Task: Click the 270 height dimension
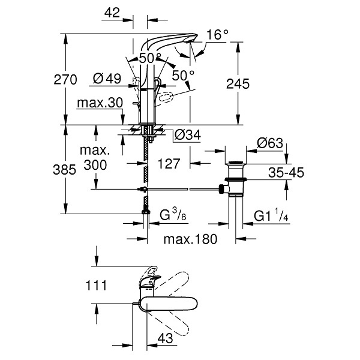pyautogui.click(x=65, y=80)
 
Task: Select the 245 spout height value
pyautogui.click(x=238, y=83)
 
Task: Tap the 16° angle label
pyautogui.click(x=217, y=35)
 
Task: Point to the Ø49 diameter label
pyautogui.click(x=107, y=79)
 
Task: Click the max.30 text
pyautogui.click(x=100, y=103)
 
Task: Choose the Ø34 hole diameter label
pyautogui.click(x=188, y=135)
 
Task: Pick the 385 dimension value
pyautogui.click(x=64, y=170)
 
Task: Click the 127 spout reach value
pyautogui.click(x=169, y=164)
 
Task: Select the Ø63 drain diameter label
pyautogui.click(x=270, y=143)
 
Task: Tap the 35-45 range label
pyautogui.click(x=286, y=172)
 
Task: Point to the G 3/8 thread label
pyautogui.click(x=173, y=215)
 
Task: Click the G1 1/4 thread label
pyautogui.click(x=271, y=215)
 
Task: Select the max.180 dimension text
pyautogui.click(x=190, y=239)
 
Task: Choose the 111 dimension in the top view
pyautogui.click(x=96, y=286)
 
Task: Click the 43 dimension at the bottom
pyautogui.click(x=166, y=338)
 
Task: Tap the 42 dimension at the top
pyautogui.click(x=112, y=13)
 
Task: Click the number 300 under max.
pyautogui.click(x=95, y=165)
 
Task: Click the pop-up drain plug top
pyautogui.click(x=236, y=163)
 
